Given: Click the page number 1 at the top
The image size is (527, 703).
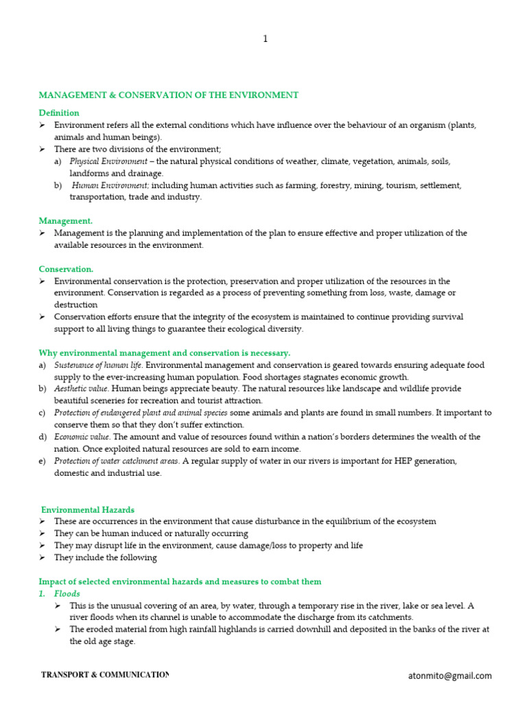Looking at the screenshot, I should tap(266, 39).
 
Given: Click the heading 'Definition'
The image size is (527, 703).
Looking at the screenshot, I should tap(58, 113).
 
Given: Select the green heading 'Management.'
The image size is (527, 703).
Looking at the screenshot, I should tap(65, 221).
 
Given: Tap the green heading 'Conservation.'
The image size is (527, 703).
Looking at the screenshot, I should tap(66, 269).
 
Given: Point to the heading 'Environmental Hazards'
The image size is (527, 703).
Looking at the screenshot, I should tap(88, 509).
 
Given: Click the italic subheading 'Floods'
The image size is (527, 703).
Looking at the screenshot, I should tap(67, 594).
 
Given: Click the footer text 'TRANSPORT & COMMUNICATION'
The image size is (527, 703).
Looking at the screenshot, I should tap(104, 676).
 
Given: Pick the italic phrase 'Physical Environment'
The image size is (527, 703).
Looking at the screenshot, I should tap(107, 161).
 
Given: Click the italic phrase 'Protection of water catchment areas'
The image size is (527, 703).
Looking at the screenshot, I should tap(117, 461).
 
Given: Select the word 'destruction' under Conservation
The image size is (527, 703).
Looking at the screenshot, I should tap(75, 305).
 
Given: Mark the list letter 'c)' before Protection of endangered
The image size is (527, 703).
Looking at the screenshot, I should tap(43, 413).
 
